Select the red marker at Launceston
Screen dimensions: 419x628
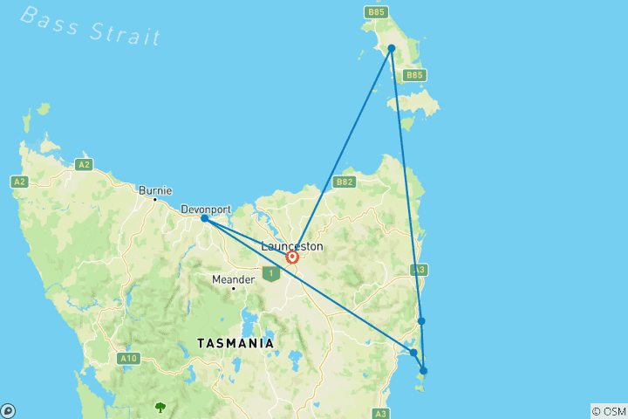[292, 257]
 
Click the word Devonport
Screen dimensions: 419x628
[206, 209]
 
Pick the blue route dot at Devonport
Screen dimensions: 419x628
[204, 218]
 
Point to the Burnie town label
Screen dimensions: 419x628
[155, 189]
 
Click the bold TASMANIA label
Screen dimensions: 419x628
[235, 343]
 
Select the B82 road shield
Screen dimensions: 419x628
[345, 182]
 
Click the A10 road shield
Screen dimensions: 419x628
[129, 358]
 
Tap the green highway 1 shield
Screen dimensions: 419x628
[270, 274]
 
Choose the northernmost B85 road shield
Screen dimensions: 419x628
[376, 12]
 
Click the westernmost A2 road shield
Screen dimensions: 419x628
[19, 182]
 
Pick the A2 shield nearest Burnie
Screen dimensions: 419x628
[84, 164]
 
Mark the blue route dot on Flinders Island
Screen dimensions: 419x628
[392, 48]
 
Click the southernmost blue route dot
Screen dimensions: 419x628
[424, 371]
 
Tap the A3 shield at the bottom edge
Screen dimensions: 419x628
[380, 413]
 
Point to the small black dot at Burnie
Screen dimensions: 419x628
[155, 200]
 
